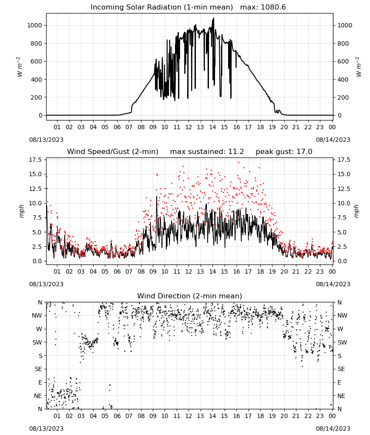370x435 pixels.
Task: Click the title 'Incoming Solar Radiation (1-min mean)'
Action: tap(161, 7)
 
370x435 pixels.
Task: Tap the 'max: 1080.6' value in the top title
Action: tap(263, 7)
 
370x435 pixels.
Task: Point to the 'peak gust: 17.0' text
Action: tap(284, 152)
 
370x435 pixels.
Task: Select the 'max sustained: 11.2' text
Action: tap(207, 152)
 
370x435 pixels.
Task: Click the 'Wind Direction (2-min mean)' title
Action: tap(190, 296)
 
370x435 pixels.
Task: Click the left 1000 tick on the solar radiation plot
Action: tap(34, 25)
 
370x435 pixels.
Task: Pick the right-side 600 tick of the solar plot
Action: tap(343, 61)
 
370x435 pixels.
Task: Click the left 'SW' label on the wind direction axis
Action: tap(37, 342)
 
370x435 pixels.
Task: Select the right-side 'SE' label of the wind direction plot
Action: tap(341, 369)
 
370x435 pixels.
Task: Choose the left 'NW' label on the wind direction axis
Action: tap(37, 315)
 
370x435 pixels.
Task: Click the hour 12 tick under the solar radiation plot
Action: tap(188, 127)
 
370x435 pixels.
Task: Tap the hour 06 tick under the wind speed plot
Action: tap(117, 271)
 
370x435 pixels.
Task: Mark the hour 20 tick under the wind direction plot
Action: tap(284, 416)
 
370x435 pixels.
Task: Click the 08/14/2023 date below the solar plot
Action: tap(333, 140)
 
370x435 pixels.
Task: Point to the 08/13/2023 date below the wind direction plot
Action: tap(46, 428)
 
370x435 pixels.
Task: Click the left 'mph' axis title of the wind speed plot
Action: tap(22, 211)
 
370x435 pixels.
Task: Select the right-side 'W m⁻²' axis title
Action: tap(358, 67)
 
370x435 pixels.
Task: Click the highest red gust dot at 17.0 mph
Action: tap(239, 163)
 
